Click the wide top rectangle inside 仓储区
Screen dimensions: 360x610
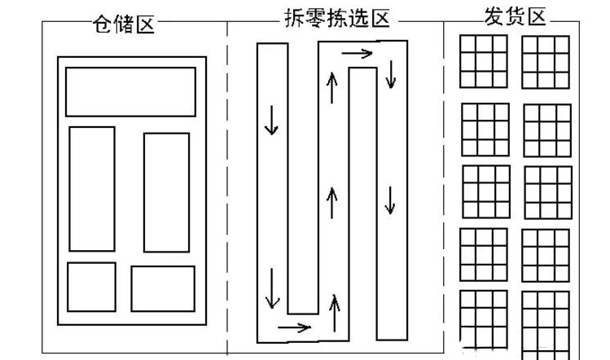pyautogui.click(x=130, y=91)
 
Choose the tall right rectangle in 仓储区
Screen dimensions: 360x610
pyautogui.click(x=166, y=191)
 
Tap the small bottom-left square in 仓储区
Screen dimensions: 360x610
pyautogui.click(x=91, y=287)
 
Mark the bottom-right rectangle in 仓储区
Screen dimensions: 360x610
pyautogui.click(x=163, y=288)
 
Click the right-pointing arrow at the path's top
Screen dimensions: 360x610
pyautogui.click(x=357, y=55)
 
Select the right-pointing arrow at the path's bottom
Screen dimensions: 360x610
pyautogui.click(x=294, y=327)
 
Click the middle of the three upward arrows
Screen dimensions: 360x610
pyautogui.click(x=331, y=201)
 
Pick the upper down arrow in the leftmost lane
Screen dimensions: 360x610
pyautogui.click(x=271, y=122)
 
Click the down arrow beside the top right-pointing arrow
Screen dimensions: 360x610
pyautogui.click(x=391, y=75)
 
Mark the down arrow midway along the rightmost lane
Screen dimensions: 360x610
pyautogui.click(x=390, y=200)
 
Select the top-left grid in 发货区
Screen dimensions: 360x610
pyautogui.click(x=483, y=61)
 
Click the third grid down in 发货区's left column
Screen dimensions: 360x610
pyautogui.click(x=486, y=191)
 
